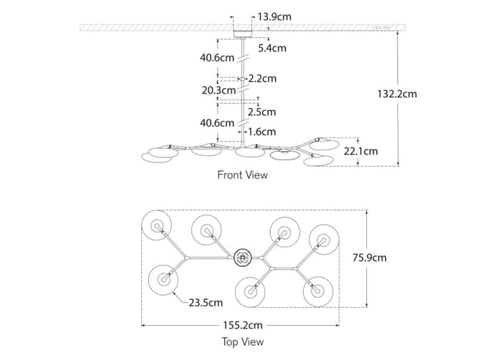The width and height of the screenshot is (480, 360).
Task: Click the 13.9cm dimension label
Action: (274, 16)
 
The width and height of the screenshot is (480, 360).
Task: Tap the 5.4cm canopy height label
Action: (272, 49)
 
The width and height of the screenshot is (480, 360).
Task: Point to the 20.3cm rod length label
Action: (219, 91)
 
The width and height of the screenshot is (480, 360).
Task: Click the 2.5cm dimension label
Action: (261, 112)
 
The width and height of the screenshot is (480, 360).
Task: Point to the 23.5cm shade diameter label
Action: (206, 303)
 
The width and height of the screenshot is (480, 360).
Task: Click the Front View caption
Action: (242, 174)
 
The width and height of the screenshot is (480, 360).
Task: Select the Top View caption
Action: (242, 342)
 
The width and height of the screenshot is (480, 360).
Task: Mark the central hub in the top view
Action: (242, 255)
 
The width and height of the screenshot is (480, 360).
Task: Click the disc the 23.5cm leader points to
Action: (163, 280)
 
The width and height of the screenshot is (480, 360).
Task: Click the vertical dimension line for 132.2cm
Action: (398, 129)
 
